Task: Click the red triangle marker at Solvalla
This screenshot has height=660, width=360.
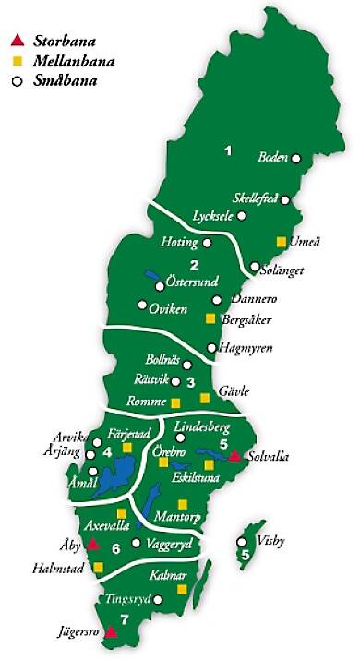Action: [235, 455]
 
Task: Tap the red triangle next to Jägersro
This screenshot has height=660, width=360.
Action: [111, 632]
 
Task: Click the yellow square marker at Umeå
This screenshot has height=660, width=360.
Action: [281, 242]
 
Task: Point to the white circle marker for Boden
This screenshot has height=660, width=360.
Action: [297, 158]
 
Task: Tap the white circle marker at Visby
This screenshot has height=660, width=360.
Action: [243, 542]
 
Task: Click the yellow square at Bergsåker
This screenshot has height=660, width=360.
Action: [210, 318]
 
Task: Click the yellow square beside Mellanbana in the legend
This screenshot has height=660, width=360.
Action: [16, 61]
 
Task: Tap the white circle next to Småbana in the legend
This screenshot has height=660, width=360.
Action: [16, 80]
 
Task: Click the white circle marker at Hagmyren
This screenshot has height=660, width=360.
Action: [211, 348]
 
